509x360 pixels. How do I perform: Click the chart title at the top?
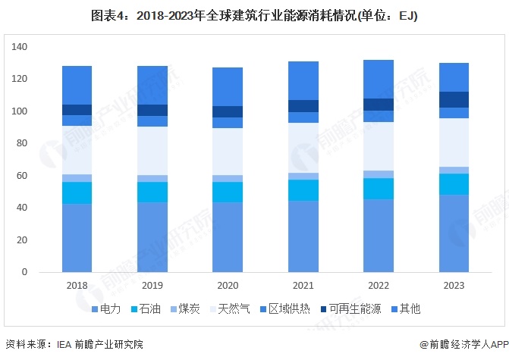[254, 15]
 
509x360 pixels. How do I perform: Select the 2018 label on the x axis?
[77, 286]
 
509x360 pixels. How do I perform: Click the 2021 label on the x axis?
[302, 286]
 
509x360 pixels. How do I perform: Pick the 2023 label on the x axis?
[453, 286]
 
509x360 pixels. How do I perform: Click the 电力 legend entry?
[107, 309]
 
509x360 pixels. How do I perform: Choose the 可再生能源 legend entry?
[349, 309]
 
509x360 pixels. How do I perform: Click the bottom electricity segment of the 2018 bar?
[77, 237]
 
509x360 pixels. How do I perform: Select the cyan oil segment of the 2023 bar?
[453, 184]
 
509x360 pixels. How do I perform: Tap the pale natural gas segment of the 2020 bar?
[227, 152]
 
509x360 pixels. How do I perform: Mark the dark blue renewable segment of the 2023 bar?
[453, 99]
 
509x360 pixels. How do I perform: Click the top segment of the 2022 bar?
[378, 79]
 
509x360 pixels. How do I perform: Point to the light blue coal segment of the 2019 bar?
[152, 179]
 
